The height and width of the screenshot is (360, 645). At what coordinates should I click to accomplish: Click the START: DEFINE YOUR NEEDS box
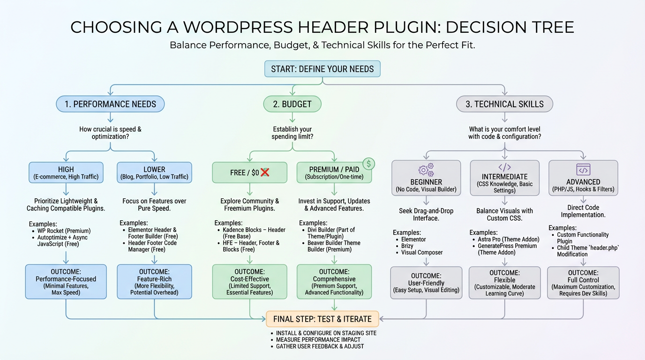[x=322, y=69]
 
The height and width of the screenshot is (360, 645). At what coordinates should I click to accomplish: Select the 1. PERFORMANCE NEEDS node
[x=110, y=104]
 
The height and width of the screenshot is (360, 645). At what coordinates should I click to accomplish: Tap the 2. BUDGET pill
[x=292, y=104]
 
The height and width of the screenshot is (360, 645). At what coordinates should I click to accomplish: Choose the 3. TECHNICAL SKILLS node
[x=504, y=104]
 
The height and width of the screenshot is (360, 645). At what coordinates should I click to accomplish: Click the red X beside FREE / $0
[x=265, y=172]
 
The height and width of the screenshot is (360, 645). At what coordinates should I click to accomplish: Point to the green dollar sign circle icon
[x=369, y=164]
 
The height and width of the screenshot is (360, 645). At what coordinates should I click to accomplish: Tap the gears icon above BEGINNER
[x=426, y=169]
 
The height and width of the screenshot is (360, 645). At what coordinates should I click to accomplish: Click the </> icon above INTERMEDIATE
[x=504, y=167]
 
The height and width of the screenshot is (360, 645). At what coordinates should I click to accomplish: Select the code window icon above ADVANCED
[x=583, y=169]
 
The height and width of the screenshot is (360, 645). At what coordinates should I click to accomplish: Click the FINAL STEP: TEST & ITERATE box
[x=322, y=319]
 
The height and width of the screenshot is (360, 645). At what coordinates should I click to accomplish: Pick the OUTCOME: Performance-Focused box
[x=66, y=282]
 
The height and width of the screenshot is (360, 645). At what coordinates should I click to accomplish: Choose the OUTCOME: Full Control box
[x=583, y=283]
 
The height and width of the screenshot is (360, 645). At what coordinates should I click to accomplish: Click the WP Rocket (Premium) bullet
[x=64, y=231]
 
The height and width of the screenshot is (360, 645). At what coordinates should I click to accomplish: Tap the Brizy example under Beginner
[x=407, y=246]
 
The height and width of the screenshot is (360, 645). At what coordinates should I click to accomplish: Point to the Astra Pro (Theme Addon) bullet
[x=509, y=239]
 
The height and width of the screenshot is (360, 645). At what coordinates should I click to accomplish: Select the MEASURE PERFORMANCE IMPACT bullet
[x=318, y=339]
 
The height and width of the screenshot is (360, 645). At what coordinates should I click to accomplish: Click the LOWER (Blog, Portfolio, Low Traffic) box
[x=154, y=172]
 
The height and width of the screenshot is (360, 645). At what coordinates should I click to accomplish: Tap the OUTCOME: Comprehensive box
[x=334, y=282]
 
